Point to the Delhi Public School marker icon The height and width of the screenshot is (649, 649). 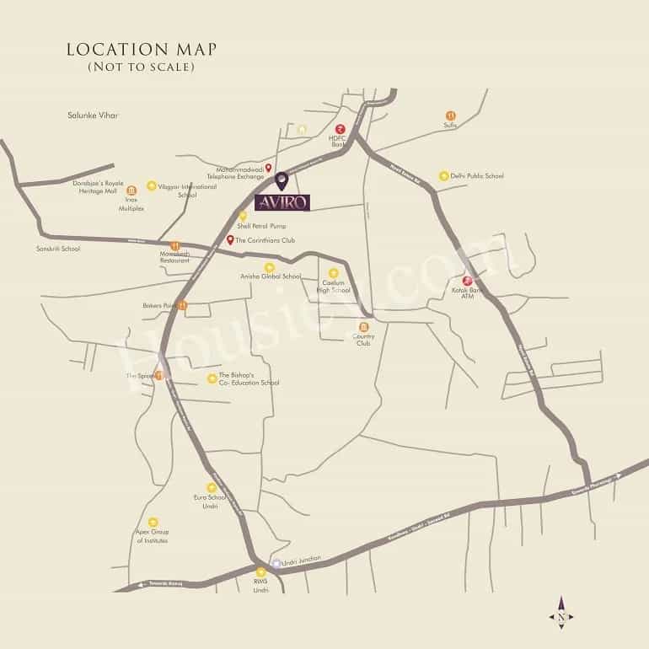443,176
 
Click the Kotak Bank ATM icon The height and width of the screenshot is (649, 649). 467,281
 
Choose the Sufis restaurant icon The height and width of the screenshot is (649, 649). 450,115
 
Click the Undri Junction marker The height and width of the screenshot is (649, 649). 276,563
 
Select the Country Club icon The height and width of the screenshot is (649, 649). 364,327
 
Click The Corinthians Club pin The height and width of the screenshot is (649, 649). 230,240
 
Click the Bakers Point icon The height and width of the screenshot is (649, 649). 182,305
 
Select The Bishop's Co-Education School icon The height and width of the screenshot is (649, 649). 211,378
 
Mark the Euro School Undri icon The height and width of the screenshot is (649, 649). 212,487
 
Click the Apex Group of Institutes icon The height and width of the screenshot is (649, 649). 153,523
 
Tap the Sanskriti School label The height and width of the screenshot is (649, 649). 58,249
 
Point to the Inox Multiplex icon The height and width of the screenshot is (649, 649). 131,190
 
